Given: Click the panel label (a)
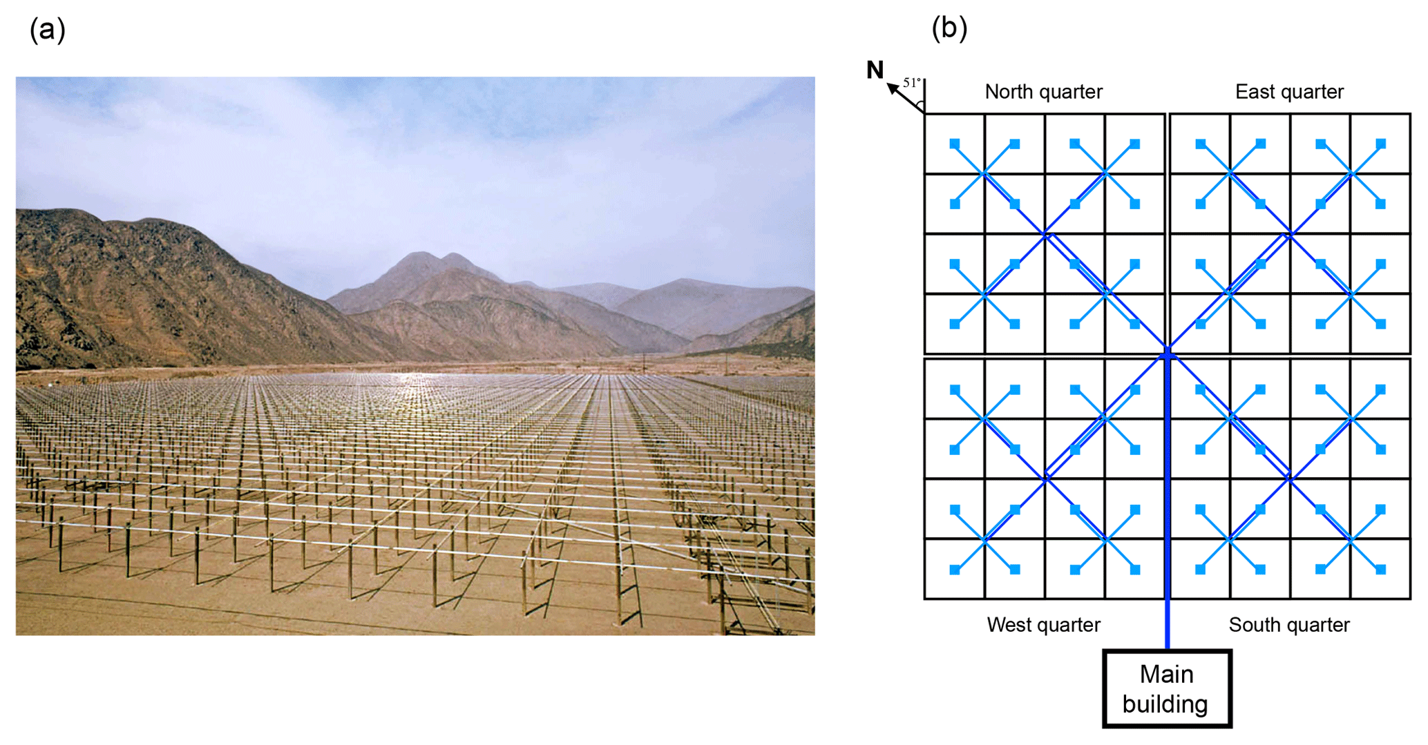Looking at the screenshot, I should [x=47, y=30].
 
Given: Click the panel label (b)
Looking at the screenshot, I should [x=949, y=28].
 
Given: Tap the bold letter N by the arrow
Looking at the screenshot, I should [x=875, y=70].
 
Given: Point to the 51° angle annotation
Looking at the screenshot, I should [x=912, y=83].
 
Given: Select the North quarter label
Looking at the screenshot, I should [x=1043, y=92].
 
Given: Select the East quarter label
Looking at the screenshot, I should [x=1289, y=92].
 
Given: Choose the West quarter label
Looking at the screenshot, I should [x=1043, y=625].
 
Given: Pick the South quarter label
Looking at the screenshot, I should [x=1289, y=625].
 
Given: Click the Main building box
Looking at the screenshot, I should [x=1167, y=688].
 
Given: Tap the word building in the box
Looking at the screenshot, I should [x=1165, y=704].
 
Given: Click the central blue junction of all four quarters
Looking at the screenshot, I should [x=1168, y=354].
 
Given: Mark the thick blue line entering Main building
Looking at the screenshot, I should [x=1168, y=621].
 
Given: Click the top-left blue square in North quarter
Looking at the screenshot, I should [x=955, y=144].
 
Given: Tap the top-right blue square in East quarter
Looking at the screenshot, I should [x=1380, y=144].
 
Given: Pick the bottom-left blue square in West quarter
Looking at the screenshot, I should [x=955, y=570].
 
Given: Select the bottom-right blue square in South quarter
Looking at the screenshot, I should [x=1380, y=570].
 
